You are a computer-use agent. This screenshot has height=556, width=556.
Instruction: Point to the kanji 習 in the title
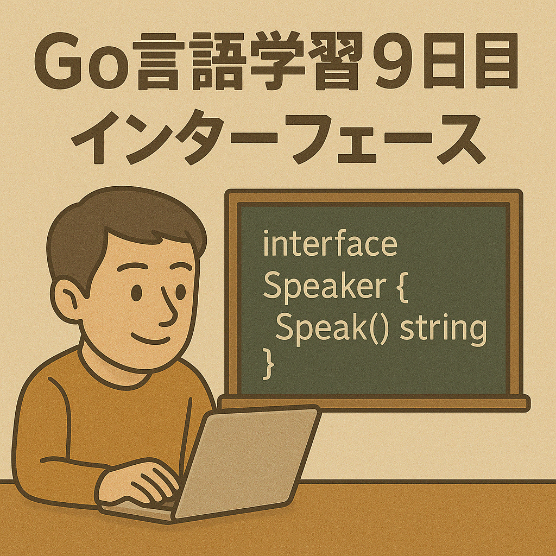[336, 61]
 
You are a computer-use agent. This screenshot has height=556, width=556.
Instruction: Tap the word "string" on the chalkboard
[443, 328]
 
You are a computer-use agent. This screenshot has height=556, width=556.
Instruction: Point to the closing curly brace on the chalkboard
[268, 364]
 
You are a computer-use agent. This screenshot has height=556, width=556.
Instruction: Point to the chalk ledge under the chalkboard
[374, 403]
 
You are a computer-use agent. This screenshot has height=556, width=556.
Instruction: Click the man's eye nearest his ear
[136, 293]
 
